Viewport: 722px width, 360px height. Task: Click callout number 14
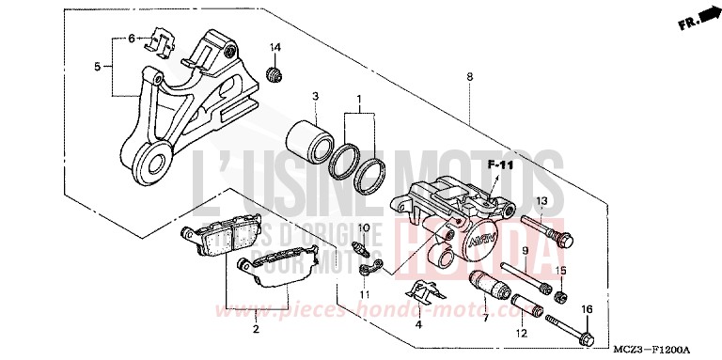(x=275, y=48)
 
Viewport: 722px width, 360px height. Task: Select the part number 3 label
(x=316, y=97)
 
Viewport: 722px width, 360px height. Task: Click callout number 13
(x=541, y=202)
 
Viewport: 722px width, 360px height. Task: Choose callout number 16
(x=588, y=309)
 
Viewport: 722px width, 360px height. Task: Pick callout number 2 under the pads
(x=255, y=329)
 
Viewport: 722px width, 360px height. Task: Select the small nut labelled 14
(x=275, y=73)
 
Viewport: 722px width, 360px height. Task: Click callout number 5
(x=97, y=67)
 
